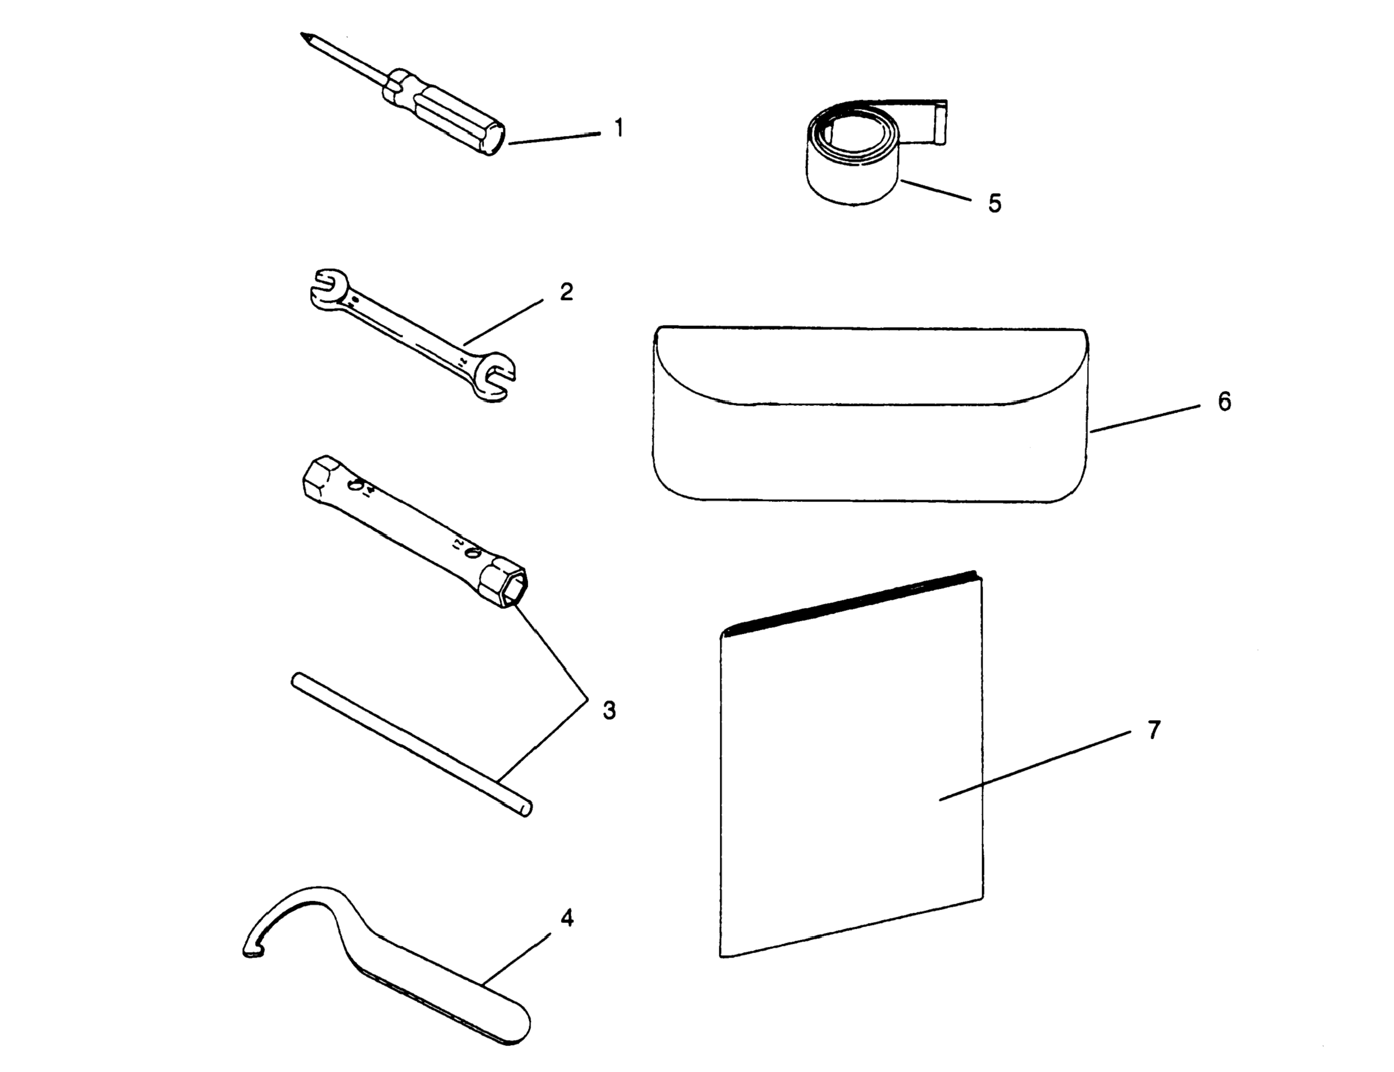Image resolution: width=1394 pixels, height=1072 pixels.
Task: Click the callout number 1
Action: (618, 128)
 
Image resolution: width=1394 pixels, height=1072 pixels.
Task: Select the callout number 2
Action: (566, 292)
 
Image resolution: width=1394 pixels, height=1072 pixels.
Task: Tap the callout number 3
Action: (609, 710)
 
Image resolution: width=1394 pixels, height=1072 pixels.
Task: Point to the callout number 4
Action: (567, 918)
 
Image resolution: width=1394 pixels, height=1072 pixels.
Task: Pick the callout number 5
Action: (995, 203)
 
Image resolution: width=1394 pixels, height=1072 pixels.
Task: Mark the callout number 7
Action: (1154, 730)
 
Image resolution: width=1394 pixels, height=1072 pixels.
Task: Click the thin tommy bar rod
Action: (409, 743)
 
